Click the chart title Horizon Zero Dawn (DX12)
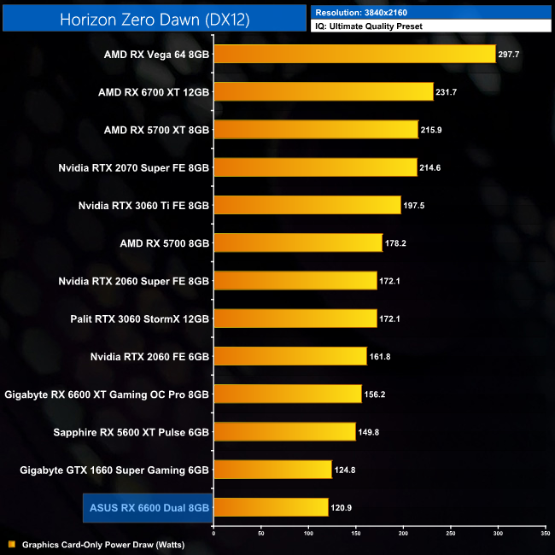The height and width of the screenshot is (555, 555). click(x=155, y=20)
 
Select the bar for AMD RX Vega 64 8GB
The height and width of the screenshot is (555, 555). click(x=354, y=55)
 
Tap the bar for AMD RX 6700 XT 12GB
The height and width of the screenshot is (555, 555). click(x=324, y=92)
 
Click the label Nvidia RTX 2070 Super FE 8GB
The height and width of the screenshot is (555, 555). click(x=134, y=167)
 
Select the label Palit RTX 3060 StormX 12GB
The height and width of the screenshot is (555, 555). click(x=140, y=318)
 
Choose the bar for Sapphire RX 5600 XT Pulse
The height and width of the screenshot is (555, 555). click(x=284, y=431)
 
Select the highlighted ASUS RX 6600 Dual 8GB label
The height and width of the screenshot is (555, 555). click(x=149, y=507)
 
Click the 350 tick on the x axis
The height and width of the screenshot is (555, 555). click(x=545, y=534)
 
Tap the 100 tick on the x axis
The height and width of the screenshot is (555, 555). click(x=308, y=534)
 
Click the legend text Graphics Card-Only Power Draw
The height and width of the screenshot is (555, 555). click(x=103, y=544)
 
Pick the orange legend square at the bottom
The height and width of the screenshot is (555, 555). click(x=11, y=544)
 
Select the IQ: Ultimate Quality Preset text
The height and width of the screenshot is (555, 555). click(x=369, y=26)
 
